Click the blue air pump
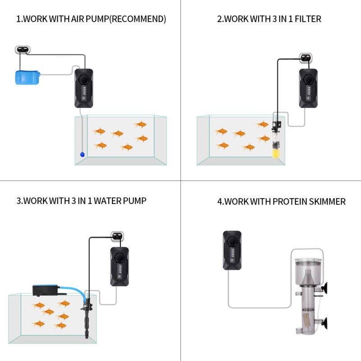tap(27, 77)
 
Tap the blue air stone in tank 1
tap(82, 154)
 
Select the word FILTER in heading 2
tap(306, 19)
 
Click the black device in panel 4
tap(232, 250)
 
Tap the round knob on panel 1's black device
tap(84, 80)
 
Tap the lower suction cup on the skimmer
tap(324, 323)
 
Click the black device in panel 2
tap(308, 88)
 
